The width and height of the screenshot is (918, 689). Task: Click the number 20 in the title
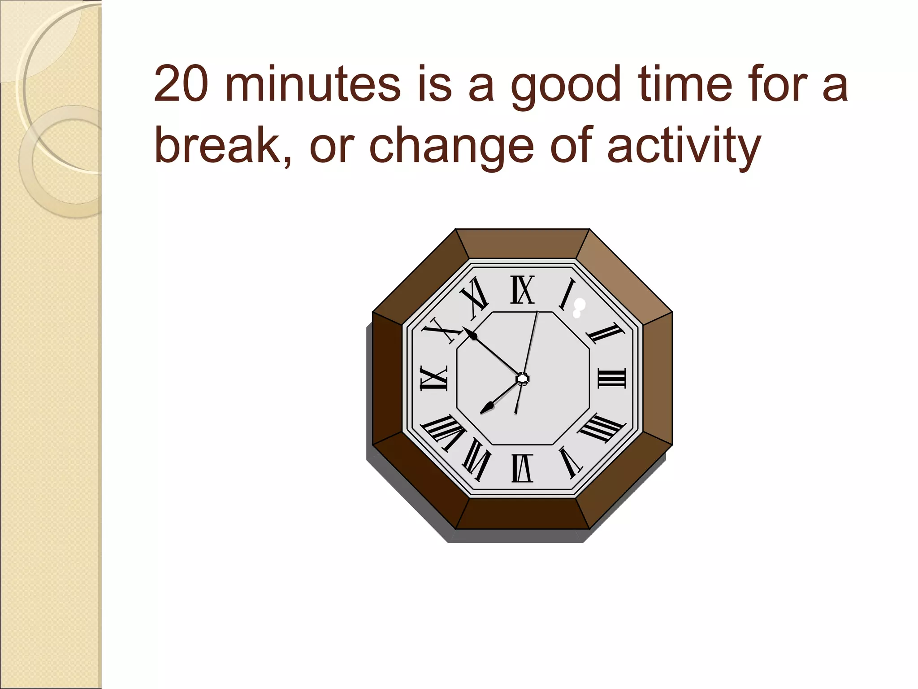(x=181, y=84)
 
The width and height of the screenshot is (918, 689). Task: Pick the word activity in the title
(x=683, y=146)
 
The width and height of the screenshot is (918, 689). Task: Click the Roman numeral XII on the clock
(x=522, y=290)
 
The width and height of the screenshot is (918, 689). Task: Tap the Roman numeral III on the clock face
(x=611, y=378)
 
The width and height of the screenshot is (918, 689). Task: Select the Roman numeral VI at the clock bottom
(x=522, y=468)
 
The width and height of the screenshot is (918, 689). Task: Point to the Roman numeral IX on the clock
(x=433, y=378)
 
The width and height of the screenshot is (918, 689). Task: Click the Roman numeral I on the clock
(x=567, y=294)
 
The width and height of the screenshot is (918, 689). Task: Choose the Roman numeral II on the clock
(x=605, y=334)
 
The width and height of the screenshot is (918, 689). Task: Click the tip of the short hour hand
(x=482, y=412)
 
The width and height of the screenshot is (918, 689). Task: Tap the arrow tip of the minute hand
(x=464, y=329)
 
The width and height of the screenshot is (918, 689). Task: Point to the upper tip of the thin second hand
(x=537, y=311)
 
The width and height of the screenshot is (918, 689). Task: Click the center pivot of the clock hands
(x=522, y=379)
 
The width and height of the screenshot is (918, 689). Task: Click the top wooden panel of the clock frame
(x=522, y=244)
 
